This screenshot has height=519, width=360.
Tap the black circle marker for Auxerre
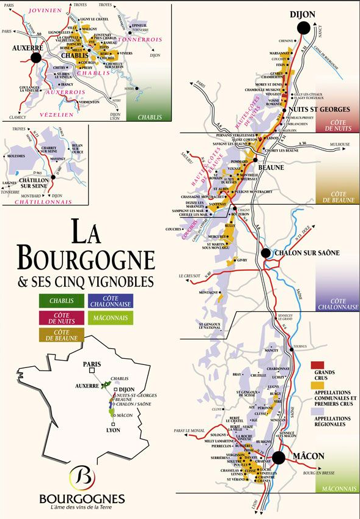(35, 57)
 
